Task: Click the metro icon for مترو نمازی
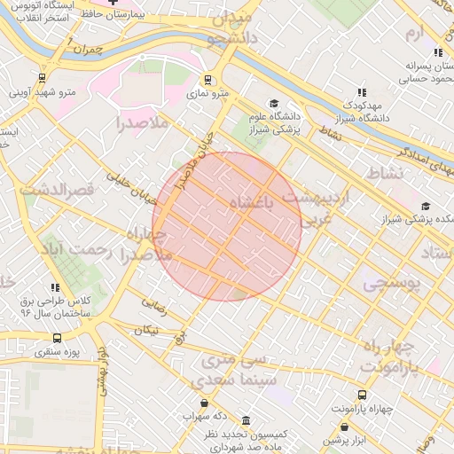[208, 78]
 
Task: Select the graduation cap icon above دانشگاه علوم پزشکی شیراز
[274, 103]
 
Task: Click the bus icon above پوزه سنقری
[58, 338]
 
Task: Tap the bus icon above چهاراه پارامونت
[362, 395]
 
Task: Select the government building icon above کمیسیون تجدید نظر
[246, 419]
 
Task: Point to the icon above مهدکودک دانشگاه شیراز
[361, 91]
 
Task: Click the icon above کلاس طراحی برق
[56, 287]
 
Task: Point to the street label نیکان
[147, 330]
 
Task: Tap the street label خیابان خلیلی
[127, 184]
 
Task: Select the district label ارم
[414, 34]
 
